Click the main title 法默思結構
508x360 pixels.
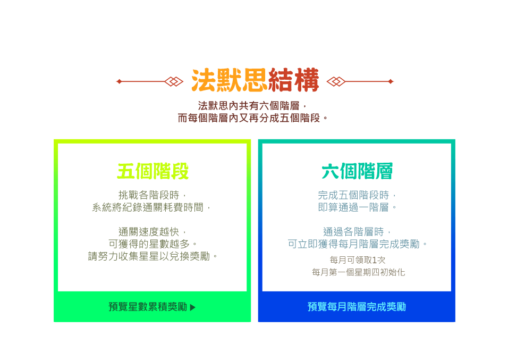click(255, 81)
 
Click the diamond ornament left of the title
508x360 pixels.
click(174, 81)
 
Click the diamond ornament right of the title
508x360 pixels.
click(335, 81)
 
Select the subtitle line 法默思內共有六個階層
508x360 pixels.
click(253, 105)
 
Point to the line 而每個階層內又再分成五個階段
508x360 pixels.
click(253, 118)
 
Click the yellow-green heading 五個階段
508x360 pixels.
click(153, 171)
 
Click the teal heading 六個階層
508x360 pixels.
click(357, 171)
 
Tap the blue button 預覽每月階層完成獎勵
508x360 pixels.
click(357, 307)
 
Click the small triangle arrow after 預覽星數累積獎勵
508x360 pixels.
click(192, 307)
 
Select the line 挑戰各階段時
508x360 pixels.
click(153, 195)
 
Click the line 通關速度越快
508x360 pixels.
click(153, 232)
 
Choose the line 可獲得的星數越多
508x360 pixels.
click(153, 244)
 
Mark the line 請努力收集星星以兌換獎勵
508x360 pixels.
click(153, 256)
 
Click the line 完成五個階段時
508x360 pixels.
click(357, 195)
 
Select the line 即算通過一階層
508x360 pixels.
click(357, 207)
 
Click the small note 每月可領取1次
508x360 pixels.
click(357, 260)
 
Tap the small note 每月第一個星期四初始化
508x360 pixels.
click(358, 272)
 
